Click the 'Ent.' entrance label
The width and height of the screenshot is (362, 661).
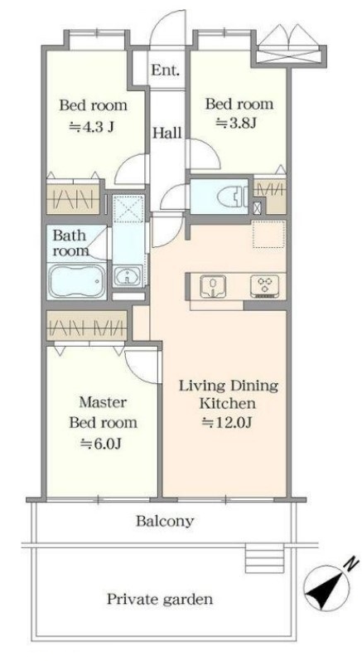pos(166,70)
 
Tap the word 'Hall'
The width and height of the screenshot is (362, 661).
pos(167,134)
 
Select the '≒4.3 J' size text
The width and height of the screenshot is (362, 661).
pos(91,126)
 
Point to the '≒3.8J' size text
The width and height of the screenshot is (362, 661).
pos(236,123)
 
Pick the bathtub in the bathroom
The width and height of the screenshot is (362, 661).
pos(76,281)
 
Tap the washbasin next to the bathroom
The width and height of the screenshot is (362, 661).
pos(127,276)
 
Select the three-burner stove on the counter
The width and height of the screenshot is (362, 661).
pos(264,286)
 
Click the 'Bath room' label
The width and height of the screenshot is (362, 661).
pos(70,243)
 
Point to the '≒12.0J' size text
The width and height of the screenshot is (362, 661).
pos(227,422)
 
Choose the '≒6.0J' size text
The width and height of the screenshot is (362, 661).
pos(101,443)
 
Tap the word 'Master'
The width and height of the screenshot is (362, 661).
pos(103,402)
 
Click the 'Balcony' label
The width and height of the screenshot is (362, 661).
pos(165,522)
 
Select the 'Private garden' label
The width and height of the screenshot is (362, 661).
pos(160,599)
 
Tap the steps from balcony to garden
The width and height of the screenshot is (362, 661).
pos(264,557)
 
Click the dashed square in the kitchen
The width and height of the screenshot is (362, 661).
pos(269,234)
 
